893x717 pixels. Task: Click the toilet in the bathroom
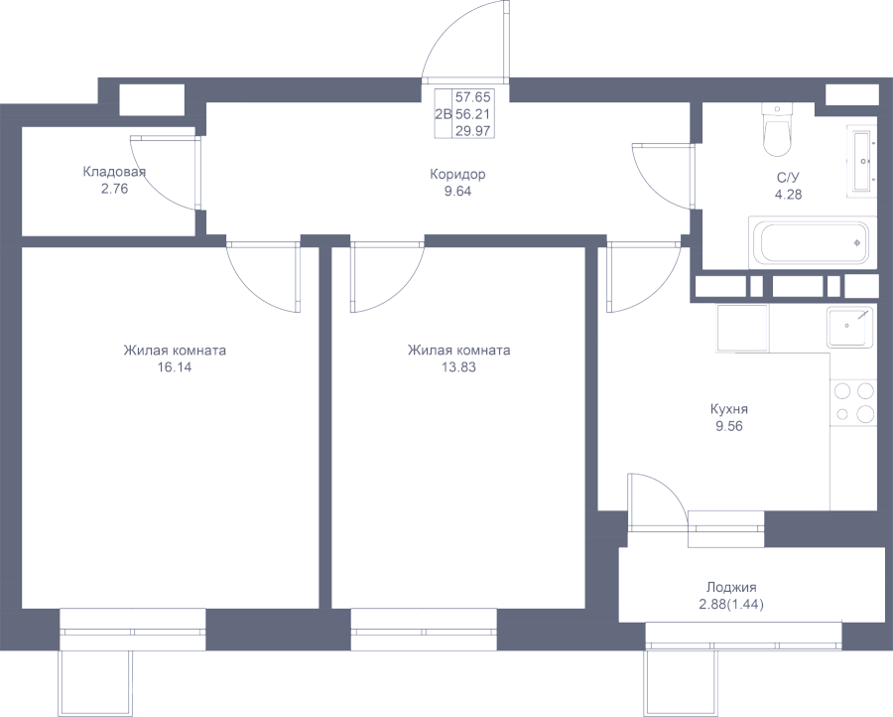click(x=777, y=129)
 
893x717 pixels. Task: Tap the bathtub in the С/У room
click(x=812, y=242)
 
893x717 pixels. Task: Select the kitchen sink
click(x=849, y=327)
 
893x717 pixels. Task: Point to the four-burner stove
click(x=853, y=402)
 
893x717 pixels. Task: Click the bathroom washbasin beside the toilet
click(x=860, y=162)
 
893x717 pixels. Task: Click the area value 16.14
click(x=175, y=367)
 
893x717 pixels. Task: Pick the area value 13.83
click(x=458, y=367)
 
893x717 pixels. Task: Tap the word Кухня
click(x=729, y=409)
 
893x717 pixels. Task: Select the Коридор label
click(x=457, y=175)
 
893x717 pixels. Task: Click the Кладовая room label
click(x=114, y=172)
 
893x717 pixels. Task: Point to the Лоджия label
click(x=731, y=587)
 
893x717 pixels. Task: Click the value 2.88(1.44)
click(x=731, y=604)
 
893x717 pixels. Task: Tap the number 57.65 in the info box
click(x=472, y=97)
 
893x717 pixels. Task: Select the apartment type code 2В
click(x=444, y=114)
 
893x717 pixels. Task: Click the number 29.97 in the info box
click(x=472, y=131)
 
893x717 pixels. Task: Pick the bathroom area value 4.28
click(x=788, y=195)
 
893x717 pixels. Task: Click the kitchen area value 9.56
click(x=729, y=426)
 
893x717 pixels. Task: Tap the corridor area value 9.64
click(x=457, y=192)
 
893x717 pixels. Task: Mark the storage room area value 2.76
click(x=114, y=189)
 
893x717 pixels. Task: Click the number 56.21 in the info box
click(x=472, y=114)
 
